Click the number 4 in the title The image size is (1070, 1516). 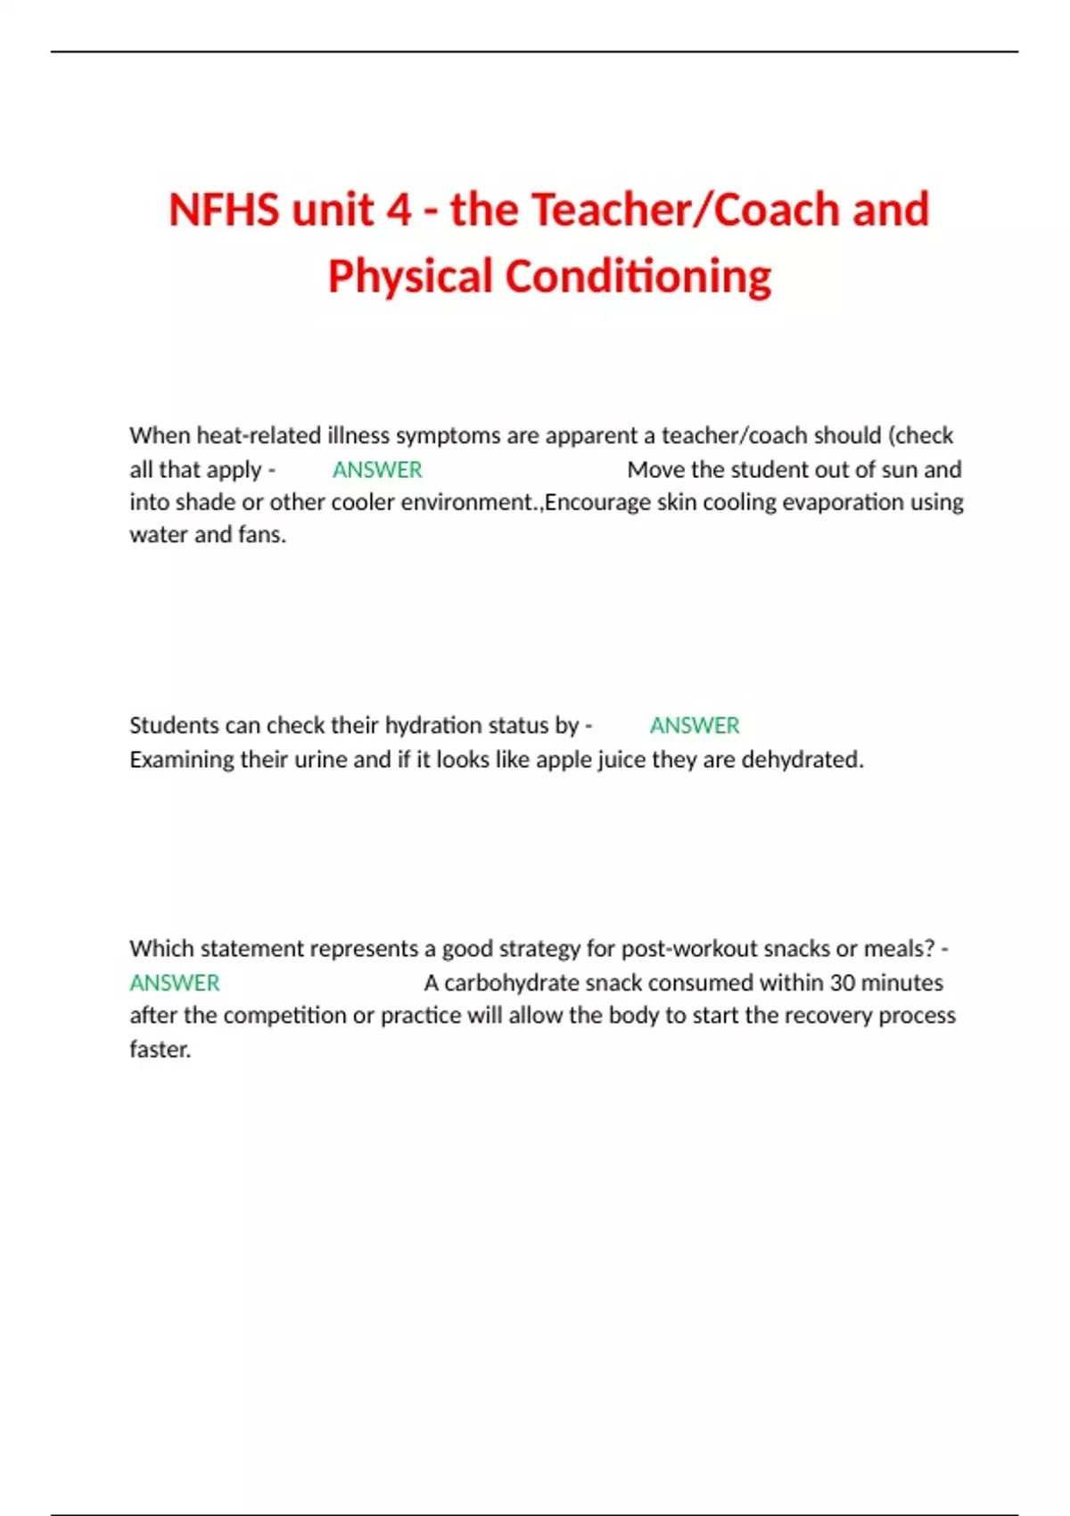click(399, 210)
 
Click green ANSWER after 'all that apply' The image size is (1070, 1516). click(377, 469)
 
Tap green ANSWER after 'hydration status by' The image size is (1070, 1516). click(695, 725)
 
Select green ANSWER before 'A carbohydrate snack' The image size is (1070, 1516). click(175, 983)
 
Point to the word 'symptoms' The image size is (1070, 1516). click(448, 435)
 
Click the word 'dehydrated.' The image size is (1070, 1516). click(802, 760)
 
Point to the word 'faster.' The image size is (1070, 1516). click(160, 1050)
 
